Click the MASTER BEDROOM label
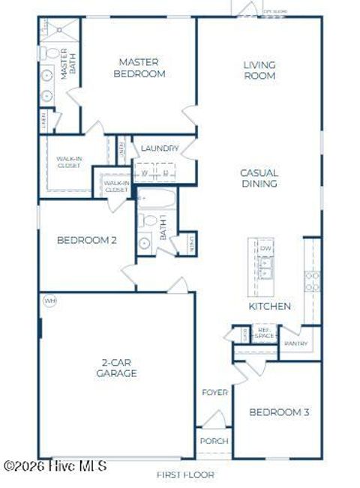coord(141,69)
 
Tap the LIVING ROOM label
coord(259,70)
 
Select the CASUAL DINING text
coord(259,178)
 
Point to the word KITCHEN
coord(269,307)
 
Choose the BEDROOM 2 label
coord(87,241)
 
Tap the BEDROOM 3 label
coord(279,412)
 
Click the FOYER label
coord(214,393)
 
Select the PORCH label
coord(214,441)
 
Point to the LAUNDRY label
coord(158,148)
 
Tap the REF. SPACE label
coord(263,334)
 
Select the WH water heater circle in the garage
coord(50,301)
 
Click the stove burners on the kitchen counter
coord(312,280)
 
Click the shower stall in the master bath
coord(58,30)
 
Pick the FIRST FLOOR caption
coord(185,475)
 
